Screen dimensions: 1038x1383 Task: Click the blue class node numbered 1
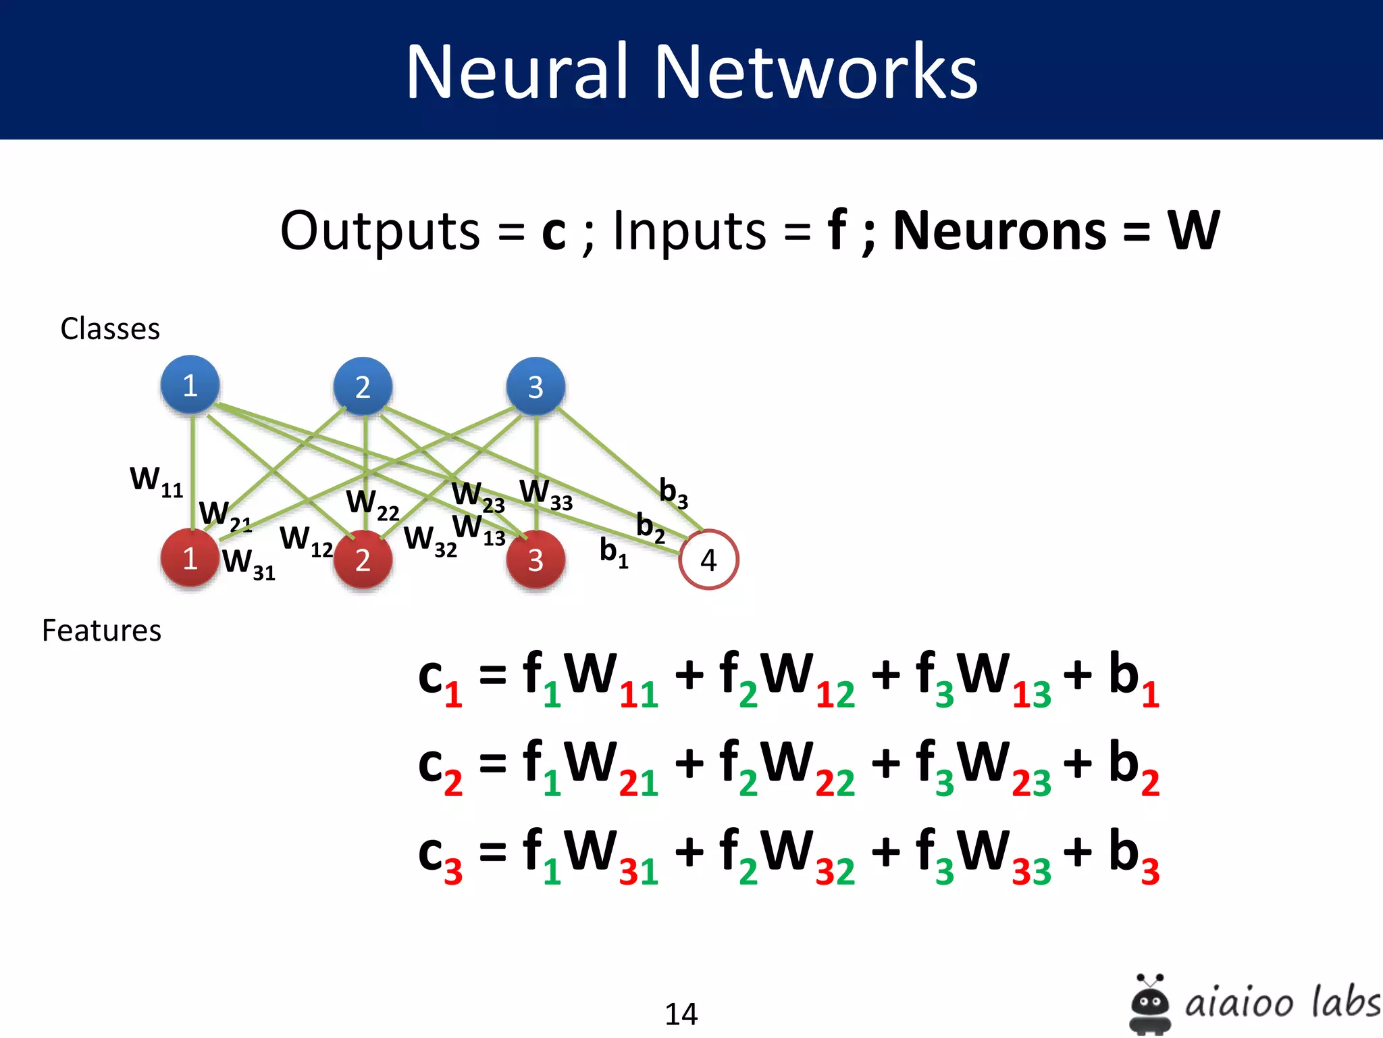click(x=190, y=385)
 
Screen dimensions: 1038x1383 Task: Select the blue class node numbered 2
click(x=363, y=387)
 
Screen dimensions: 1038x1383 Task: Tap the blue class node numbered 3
click(x=536, y=387)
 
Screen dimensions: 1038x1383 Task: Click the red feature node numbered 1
click(x=190, y=558)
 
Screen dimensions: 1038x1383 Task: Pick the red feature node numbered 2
click(x=363, y=560)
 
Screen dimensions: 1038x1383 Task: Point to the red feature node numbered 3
click(x=536, y=560)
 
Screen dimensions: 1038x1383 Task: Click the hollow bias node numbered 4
click(x=708, y=560)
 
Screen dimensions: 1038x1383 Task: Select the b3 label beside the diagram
click(x=673, y=492)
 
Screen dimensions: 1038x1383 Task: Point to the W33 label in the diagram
click(x=546, y=494)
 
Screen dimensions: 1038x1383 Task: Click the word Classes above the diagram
click(x=110, y=329)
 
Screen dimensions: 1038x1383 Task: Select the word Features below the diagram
click(x=101, y=631)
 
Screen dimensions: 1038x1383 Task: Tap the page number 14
click(x=681, y=1014)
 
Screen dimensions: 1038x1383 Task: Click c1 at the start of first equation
click(x=440, y=679)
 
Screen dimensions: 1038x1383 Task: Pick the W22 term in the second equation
click(x=807, y=767)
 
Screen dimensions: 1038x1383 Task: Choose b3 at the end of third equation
click(x=1133, y=855)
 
